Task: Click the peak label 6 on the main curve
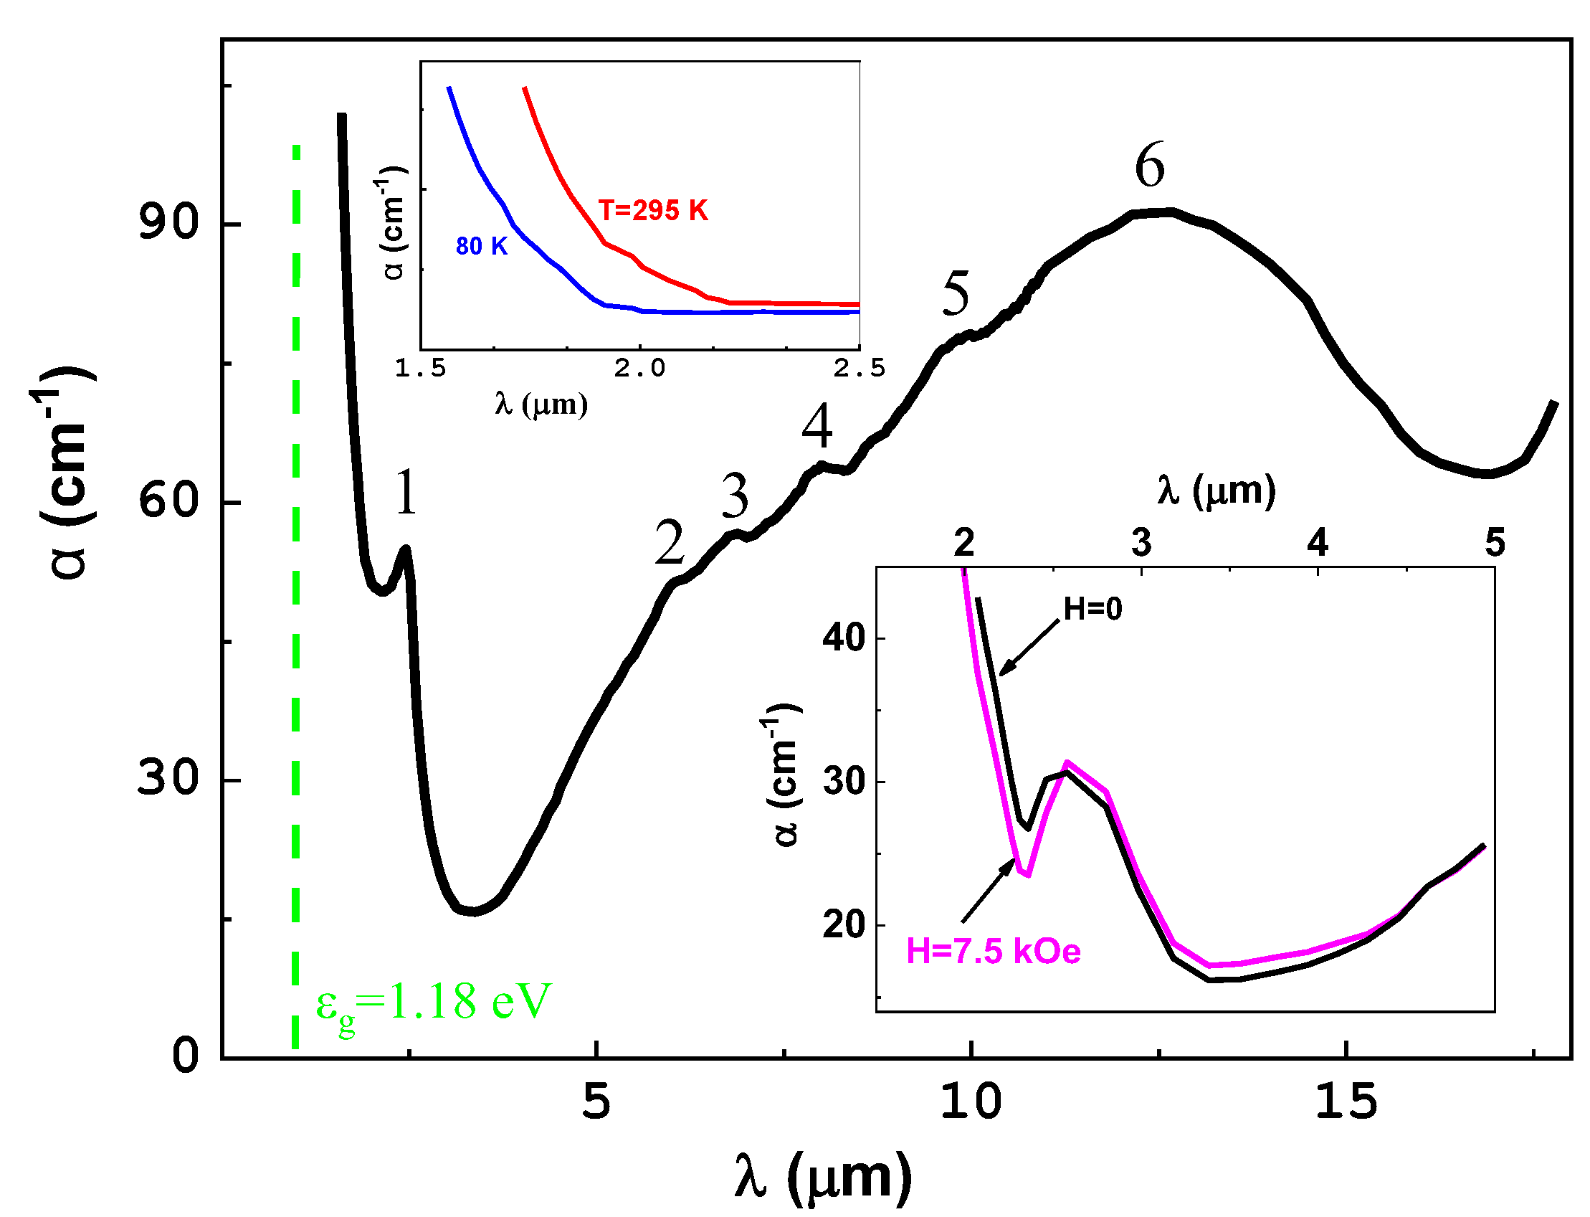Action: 1149,166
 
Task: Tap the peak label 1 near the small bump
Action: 406,493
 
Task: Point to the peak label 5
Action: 955,293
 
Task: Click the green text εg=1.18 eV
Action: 433,1003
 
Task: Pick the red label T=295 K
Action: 652,210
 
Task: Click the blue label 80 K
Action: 482,246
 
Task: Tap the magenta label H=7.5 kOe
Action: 993,951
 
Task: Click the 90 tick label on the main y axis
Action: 168,222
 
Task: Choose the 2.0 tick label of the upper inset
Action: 639,369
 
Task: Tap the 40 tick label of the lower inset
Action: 844,638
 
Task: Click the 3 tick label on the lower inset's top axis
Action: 1141,543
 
